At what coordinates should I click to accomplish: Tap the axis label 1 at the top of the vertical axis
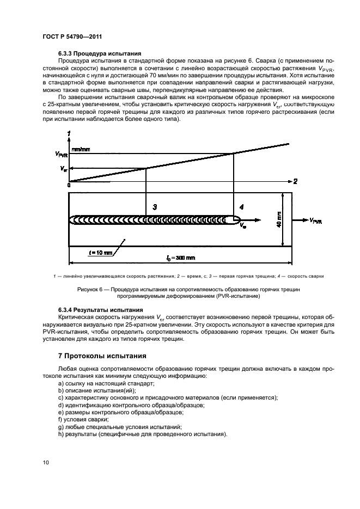(x=68, y=133)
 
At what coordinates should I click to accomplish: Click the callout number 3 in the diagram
(x=155, y=207)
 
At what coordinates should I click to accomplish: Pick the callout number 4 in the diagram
(x=242, y=207)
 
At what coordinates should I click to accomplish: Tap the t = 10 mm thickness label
(x=101, y=252)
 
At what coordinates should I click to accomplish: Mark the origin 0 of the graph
(x=69, y=186)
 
